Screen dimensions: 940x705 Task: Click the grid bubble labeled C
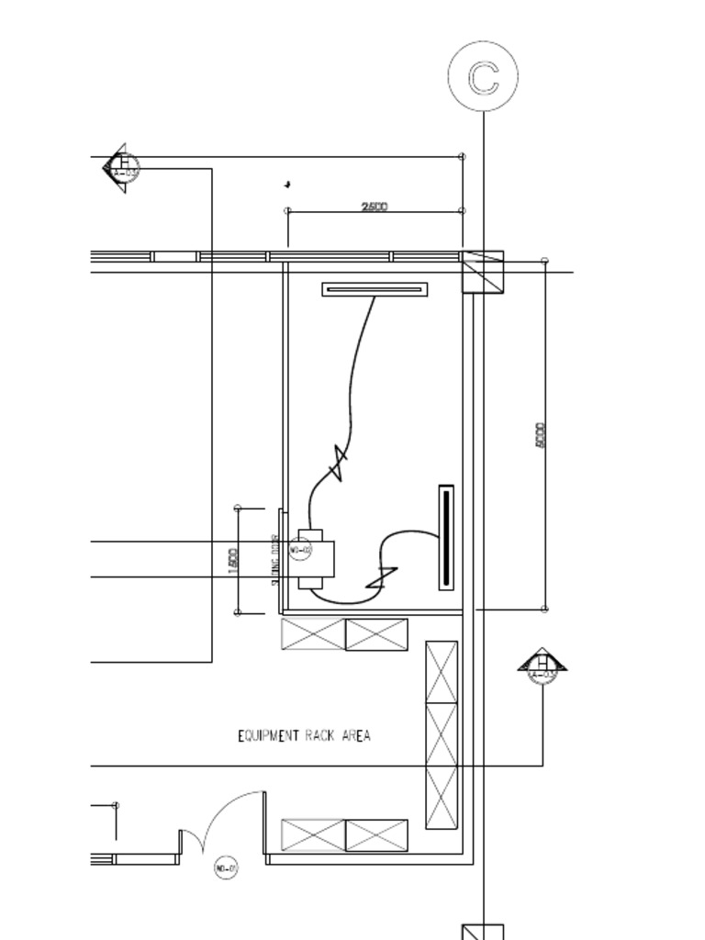[x=483, y=77]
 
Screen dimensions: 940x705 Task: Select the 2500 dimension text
[x=375, y=207]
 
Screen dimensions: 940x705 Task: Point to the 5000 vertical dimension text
[x=540, y=435]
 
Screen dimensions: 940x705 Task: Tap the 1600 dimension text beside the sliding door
[x=233, y=560]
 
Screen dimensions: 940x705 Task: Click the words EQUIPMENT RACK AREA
[x=304, y=735]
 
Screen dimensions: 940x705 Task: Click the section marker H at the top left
[x=122, y=168]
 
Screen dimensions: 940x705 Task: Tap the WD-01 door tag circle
[x=226, y=867]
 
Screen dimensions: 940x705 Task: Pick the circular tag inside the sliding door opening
[x=300, y=551]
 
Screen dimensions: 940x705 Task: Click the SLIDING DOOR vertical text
[x=274, y=560]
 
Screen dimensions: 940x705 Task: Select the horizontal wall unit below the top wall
[x=375, y=290]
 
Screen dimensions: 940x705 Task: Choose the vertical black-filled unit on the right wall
[x=446, y=537]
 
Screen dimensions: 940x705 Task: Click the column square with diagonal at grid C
[x=483, y=271]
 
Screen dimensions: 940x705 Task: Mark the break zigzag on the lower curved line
[x=381, y=578]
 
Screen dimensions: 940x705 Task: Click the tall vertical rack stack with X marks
[x=442, y=734]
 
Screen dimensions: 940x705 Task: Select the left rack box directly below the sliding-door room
[x=313, y=634]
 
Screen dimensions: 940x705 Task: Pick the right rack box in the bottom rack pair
[x=376, y=835]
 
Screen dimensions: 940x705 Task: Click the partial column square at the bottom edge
[x=483, y=932]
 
